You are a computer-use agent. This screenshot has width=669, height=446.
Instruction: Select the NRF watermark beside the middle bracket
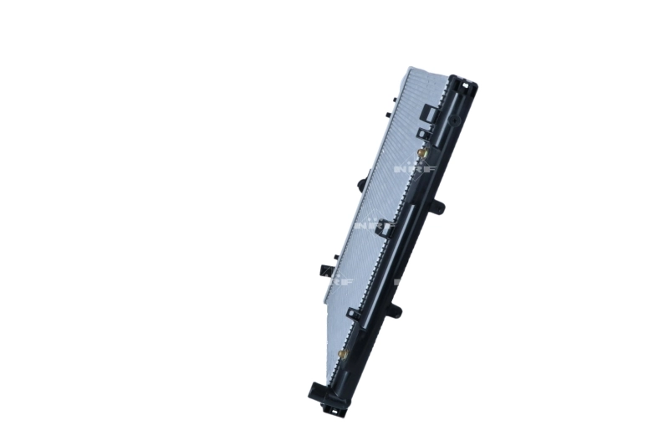tap(367, 225)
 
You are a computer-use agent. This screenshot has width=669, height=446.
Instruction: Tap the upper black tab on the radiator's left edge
tap(361, 182)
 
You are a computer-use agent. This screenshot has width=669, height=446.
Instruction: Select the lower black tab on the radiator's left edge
tap(325, 269)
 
